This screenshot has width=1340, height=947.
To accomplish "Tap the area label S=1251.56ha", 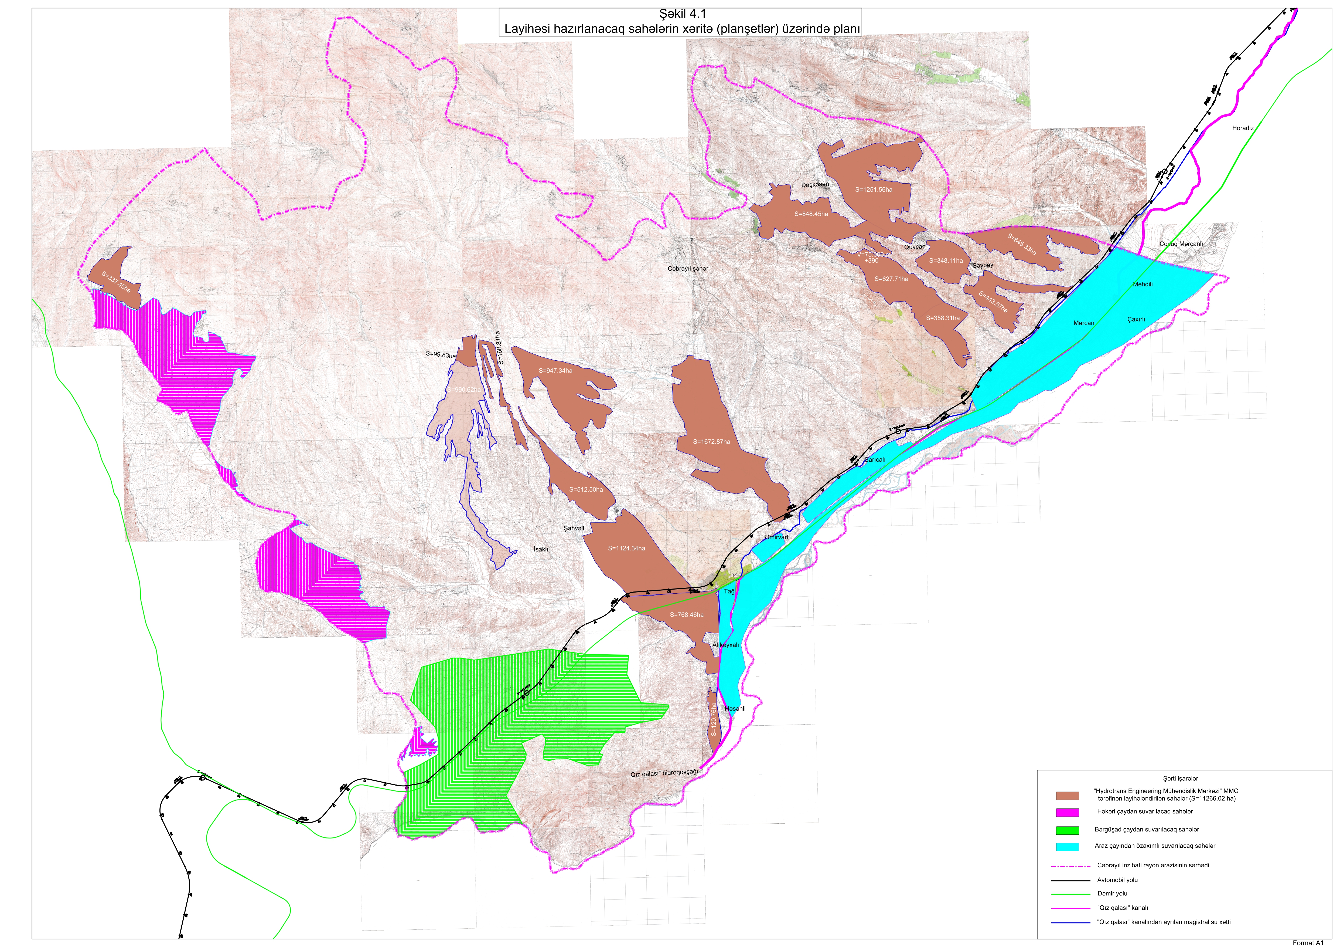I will tap(874, 190).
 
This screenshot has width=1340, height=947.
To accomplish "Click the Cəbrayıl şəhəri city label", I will tap(689, 269).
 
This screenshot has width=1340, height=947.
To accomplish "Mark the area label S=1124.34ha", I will tap(626, 548).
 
